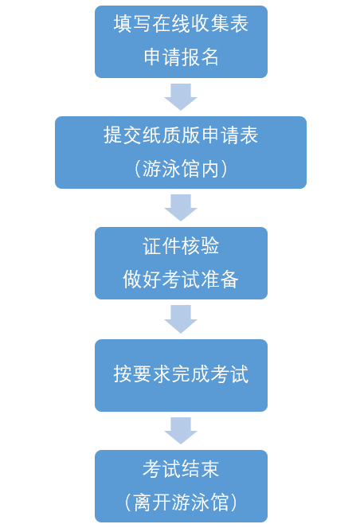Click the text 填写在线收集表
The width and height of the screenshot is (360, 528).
coord(181,24)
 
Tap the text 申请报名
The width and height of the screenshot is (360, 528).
coord(181,57)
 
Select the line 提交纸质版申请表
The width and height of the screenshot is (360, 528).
coord(181,135)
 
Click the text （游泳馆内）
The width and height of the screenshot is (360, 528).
coord(181,168)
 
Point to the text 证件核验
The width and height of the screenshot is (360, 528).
coord(181,245)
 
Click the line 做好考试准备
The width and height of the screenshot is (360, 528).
coord(181,279)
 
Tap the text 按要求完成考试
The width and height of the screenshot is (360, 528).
coord(181,374)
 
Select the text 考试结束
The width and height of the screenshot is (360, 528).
coord(181,468)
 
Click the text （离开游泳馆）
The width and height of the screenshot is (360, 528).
coord(181,502)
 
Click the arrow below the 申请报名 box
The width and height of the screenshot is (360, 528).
coord(181,96)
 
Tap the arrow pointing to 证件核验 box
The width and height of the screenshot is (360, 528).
coord(181,207)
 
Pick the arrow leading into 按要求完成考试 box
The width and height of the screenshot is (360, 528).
coord(181,319)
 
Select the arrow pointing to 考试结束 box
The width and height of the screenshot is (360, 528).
coord(181,430)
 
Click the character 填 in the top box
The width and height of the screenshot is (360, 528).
coord(123,24)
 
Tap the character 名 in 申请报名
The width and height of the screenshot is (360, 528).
coord(209,57)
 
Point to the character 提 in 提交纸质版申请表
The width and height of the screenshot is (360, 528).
coord(113,135)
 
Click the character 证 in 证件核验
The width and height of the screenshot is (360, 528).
coord(152,245)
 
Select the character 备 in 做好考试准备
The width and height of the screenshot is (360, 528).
coord(229,279)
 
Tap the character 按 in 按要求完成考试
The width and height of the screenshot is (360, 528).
coord(123,374)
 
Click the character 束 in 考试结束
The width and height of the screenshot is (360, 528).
coord(209,468)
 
